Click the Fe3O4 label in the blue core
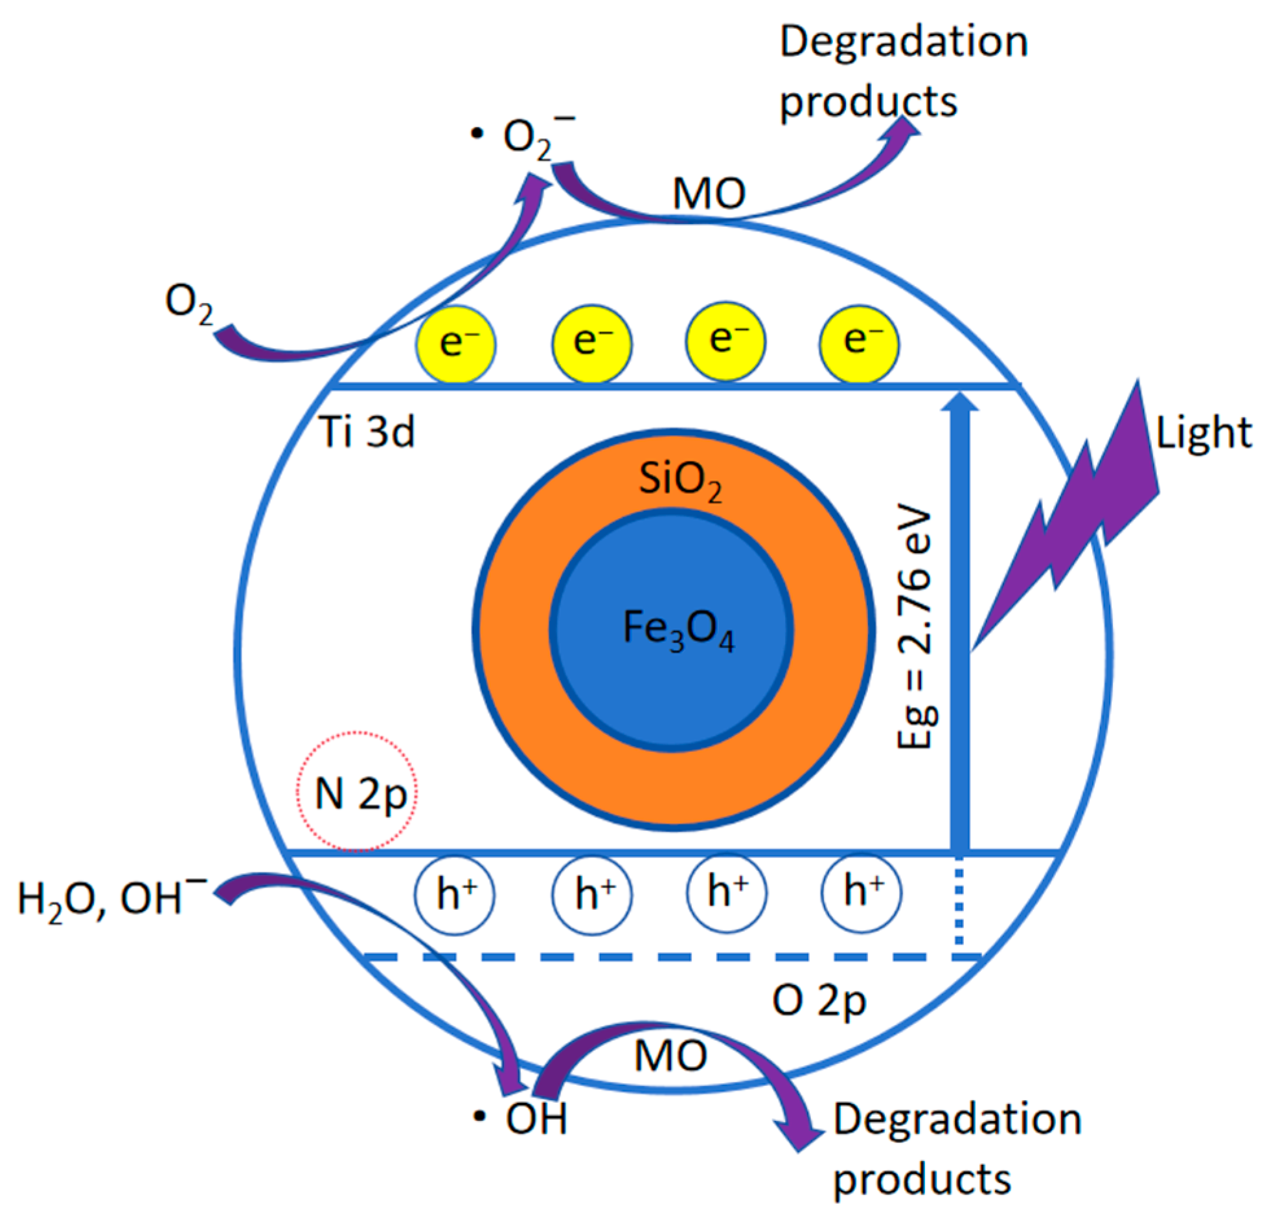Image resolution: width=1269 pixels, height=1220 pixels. point(678,630)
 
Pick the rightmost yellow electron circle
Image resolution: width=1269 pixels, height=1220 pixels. point(859,342)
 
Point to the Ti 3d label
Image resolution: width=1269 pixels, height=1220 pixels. point(367,432)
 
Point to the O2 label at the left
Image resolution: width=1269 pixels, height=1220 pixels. point(189,303)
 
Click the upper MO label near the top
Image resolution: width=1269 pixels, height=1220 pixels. point(709,193)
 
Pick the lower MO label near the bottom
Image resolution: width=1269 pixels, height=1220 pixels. point(670,1056)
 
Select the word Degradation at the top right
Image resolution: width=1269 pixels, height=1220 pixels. point(903,43)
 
